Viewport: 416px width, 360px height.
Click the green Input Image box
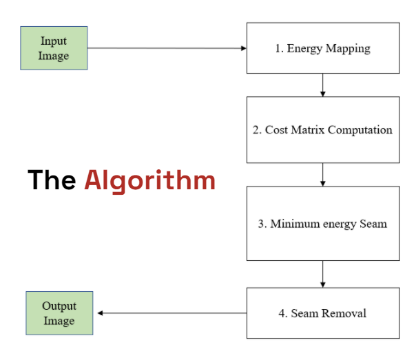(54, 48)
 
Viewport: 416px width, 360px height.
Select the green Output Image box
(59, 313)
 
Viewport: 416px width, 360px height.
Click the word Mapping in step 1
(348, 49)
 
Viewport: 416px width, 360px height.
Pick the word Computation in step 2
(360, 130)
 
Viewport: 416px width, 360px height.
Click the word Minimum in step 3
(295, 224)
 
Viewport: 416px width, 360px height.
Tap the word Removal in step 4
(344, 313)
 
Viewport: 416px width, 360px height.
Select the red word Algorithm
(150, 181)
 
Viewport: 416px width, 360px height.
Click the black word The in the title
(52, 180)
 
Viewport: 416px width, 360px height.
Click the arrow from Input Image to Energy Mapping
(167, 48)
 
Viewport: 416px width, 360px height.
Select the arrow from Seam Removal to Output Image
(172, 313)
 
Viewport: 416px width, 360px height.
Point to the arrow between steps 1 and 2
(322, 85)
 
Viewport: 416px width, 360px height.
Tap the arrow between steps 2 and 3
(322, 175)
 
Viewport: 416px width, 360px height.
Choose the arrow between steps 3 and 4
(322, 274)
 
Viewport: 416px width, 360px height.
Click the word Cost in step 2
(276, 130)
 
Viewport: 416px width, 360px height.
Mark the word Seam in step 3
(373, 224)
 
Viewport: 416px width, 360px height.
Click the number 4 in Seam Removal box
(282, 313)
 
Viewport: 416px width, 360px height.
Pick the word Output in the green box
(59, 306)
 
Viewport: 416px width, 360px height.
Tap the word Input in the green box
(54, 41)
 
